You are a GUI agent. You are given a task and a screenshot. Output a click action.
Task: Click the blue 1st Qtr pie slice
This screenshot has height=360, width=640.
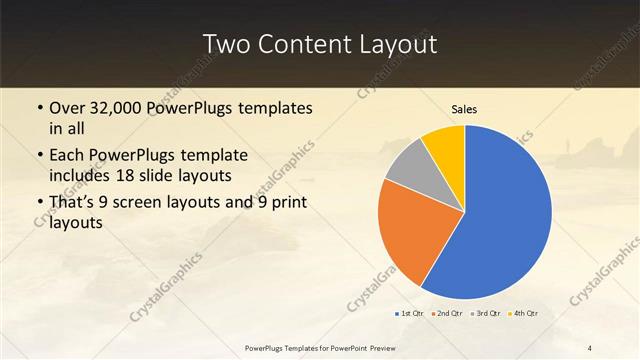click(500, 220)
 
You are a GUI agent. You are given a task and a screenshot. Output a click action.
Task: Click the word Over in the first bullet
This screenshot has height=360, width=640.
click(67, 107)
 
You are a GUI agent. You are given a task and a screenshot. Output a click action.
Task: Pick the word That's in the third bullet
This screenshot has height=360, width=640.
click(73, 204)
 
